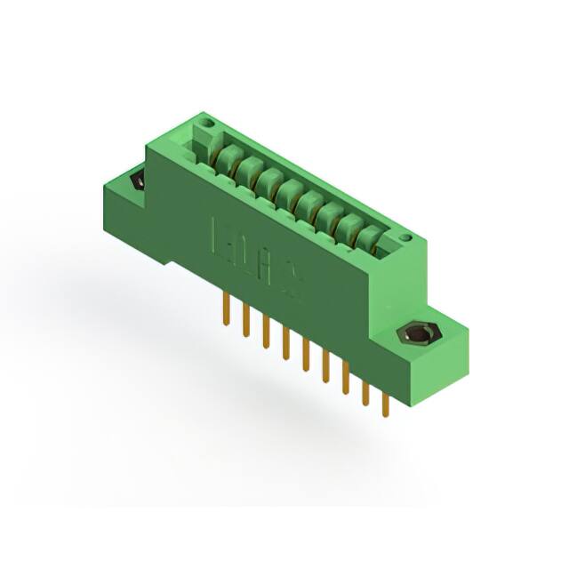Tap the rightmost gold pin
[385, 405]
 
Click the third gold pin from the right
[345, 381]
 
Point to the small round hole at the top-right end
[405, 237]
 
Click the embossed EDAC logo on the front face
[257, 257]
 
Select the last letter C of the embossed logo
[291, 279]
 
